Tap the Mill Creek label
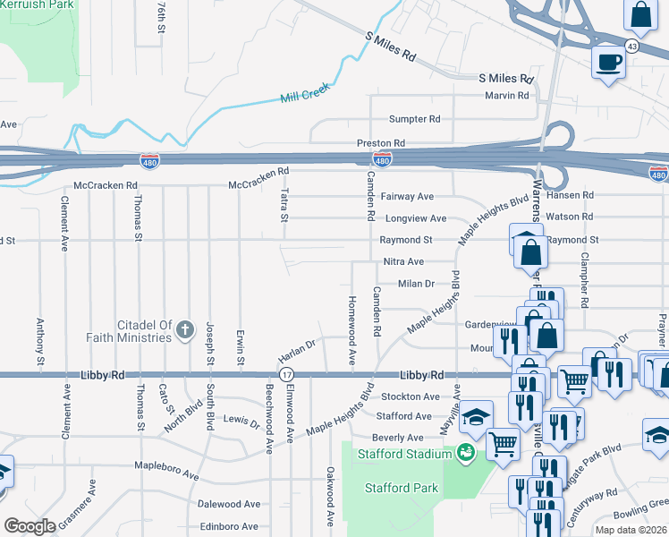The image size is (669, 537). pyautogui.click(x=305, y=92)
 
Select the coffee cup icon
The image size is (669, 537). pyautogui.click(x=608, y=62)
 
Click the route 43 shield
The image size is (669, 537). pyautogui.click(x=631, y=47)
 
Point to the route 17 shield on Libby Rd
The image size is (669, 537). pyautogui.click(x=285, y=374)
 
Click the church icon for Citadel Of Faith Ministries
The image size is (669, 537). pyautogui.click(x=185, y=330)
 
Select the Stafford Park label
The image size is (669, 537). pyautogui.click(x=402, y=488)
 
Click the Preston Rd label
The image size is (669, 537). pyautogui.click(x=381, y=143)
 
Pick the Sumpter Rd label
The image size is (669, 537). pyautogui.click(x=414, y=119)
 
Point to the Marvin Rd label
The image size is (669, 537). pyautogui.click(x=507, y=96)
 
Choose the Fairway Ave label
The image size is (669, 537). pyautogui.click(x=407, y=196)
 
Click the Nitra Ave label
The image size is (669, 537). pyautogui.click(x=403, y=261)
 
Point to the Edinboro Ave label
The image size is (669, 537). pyautogui.click(x=229, y=527)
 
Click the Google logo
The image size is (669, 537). pyautogui.click(x=30, y=526)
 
